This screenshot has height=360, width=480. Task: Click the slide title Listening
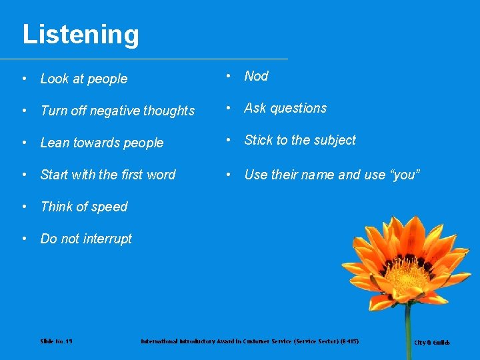tap(81, 35)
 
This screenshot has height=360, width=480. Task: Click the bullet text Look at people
tap(83, 79)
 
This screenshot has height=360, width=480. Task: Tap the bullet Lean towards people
tap(101, 143)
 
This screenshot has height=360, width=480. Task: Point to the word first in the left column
tap(133, 175)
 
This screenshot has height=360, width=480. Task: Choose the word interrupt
tap(107, 239)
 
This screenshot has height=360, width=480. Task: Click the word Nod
tap(256, 76)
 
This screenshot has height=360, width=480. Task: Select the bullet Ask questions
tap(285, 108)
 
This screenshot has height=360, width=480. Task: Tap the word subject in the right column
tap(335, 141)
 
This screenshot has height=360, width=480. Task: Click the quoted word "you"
tap(403, 175)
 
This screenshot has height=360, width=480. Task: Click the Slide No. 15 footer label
tap(56, 341)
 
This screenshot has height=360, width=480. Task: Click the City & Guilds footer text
tap(432, 343)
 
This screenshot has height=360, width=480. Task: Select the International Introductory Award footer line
tap(249, 341)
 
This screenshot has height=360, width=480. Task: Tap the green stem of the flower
tap(408, 333)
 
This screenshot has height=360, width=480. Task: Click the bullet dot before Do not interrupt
tap(25, 239)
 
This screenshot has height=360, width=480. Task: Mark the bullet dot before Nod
tap(229, 76)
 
